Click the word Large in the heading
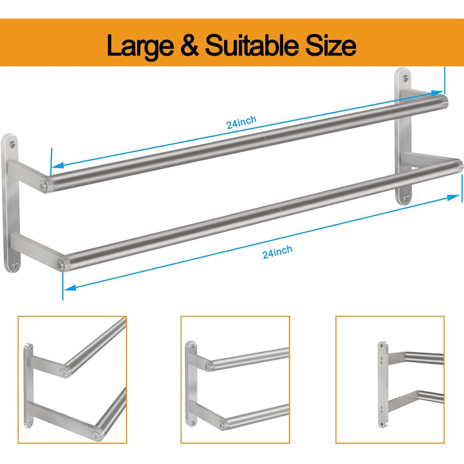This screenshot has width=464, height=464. point(141,46)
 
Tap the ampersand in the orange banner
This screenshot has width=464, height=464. point(190,44)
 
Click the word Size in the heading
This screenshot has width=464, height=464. point(331,44)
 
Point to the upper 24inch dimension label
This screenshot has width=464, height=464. point(241,122)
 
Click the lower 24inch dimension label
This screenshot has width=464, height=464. point(277,252)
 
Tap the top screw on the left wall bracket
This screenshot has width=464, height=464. point(12,145)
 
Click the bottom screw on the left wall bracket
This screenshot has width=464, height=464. point(15,264)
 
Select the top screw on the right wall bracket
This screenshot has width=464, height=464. point(406,78)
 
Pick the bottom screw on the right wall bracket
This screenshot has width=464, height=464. point(406,197)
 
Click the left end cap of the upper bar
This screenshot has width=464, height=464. point(44,186)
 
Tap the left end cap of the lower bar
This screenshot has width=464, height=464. point(62,264)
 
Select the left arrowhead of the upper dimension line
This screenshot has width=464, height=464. point(58,165)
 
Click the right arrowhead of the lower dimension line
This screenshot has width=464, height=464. point(453,198)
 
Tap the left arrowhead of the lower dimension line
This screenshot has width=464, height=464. point(70,287)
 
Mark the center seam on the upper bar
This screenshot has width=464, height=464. point(265,139)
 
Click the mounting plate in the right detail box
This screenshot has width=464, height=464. point(382,384)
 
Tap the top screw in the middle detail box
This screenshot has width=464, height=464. point(192,345)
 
